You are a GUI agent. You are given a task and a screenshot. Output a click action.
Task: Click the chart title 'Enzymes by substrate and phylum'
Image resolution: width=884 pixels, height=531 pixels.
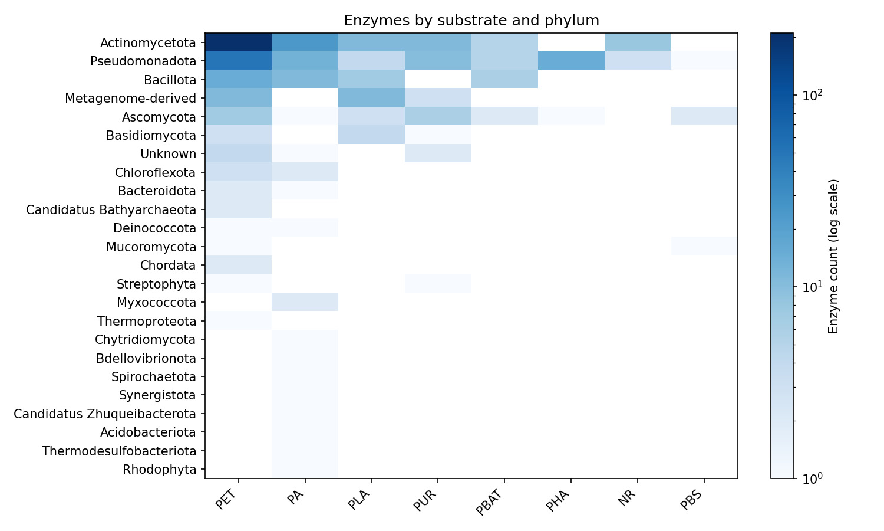click(471, 21)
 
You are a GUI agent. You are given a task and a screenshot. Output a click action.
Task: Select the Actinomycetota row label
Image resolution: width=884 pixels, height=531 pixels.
click(148, 42)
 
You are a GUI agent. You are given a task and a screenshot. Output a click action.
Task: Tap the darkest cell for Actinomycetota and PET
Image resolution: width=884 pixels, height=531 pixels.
click(238, 42)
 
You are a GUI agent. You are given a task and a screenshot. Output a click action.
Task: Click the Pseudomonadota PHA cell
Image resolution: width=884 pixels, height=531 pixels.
click(571, 61)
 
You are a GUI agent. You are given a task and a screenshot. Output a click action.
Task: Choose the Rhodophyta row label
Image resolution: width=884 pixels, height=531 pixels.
click(159, 470)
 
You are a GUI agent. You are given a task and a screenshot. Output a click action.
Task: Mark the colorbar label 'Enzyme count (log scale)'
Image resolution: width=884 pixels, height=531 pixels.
click(833, 255)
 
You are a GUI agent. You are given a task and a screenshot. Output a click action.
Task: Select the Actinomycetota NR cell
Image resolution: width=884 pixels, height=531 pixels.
click(638, 42)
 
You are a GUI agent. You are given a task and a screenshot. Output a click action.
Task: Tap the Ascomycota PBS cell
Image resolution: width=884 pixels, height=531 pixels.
click(704, 116)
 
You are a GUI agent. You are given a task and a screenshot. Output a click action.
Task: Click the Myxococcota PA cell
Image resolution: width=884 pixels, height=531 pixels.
click(305, 302)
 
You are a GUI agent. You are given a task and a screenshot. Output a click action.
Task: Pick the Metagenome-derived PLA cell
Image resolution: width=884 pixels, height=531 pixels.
click(371, 98)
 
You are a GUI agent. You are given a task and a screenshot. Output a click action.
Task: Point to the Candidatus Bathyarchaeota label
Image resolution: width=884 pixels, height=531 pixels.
click(111, 209)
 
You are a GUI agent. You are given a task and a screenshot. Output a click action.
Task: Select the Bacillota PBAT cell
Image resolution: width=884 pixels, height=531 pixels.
click(504, 79)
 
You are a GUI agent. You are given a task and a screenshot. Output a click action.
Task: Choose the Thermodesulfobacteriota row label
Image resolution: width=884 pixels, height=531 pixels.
click(119, 451)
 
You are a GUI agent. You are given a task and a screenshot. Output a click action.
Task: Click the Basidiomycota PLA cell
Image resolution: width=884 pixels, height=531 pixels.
click(371, 135)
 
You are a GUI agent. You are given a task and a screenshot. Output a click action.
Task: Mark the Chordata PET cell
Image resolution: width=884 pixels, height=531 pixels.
click(238, 265)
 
